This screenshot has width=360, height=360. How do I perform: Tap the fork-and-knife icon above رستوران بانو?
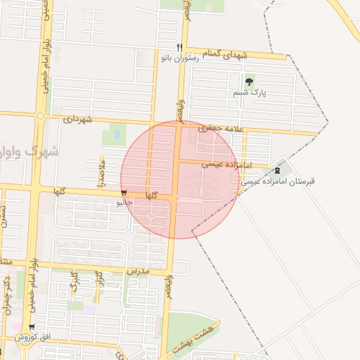(169, 47)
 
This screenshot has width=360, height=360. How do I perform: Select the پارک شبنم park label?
(249, 92)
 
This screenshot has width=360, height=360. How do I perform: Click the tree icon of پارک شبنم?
(249, 82)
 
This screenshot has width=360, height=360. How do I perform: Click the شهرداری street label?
(78, 119)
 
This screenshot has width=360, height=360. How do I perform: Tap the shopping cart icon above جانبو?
(124, 192)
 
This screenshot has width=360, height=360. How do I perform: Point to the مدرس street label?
(139, 270)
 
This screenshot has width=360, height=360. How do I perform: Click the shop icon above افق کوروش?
(31, 326)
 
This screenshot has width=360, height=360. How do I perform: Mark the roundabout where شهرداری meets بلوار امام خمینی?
(41, 115)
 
